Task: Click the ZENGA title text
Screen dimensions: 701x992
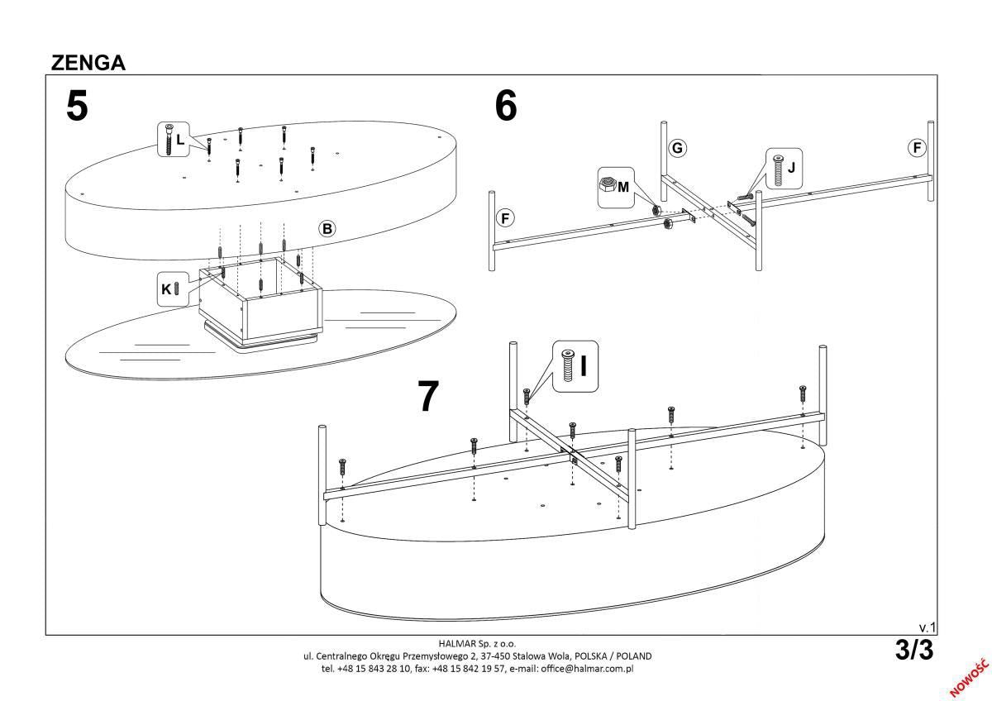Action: pyautogui.click(x=88, y=62)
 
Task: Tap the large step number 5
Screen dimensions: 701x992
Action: pyautogui.click(x=77, y=107)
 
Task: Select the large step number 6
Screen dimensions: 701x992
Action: pyautogui.click(x=506, y=106)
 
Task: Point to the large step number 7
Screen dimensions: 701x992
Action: pyautogui.click(x=427, y=397)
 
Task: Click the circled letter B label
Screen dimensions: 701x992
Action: pyautogui.click(x=327, y=229)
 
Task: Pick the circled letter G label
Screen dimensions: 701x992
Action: pyautogui.click(x=677, y=148)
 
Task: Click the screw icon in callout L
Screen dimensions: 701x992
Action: pyautogui.click(x=168, y=140)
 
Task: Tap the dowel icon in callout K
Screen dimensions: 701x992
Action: pyautogui.click(x=176, y=289)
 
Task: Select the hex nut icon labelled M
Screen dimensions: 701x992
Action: pyautogui.click(x=606, y=185)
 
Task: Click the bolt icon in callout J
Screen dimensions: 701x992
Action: pyautogui.click(x=777, y=169)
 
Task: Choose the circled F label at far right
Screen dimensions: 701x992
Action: pyautogui.click(x=916, y=148)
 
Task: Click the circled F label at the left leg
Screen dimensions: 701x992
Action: pyautogui.click(x=505, y=218)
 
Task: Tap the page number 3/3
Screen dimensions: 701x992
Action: pyautogui.click(x=913, y=651)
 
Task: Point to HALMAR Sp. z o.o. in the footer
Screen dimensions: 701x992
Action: pyautogui.click(x=477, y=643)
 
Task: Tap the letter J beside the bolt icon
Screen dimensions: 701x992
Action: pyautogui.click(x=791, y=167)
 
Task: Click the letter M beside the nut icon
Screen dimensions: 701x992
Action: pyautogui.click(x=623, y=187)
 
